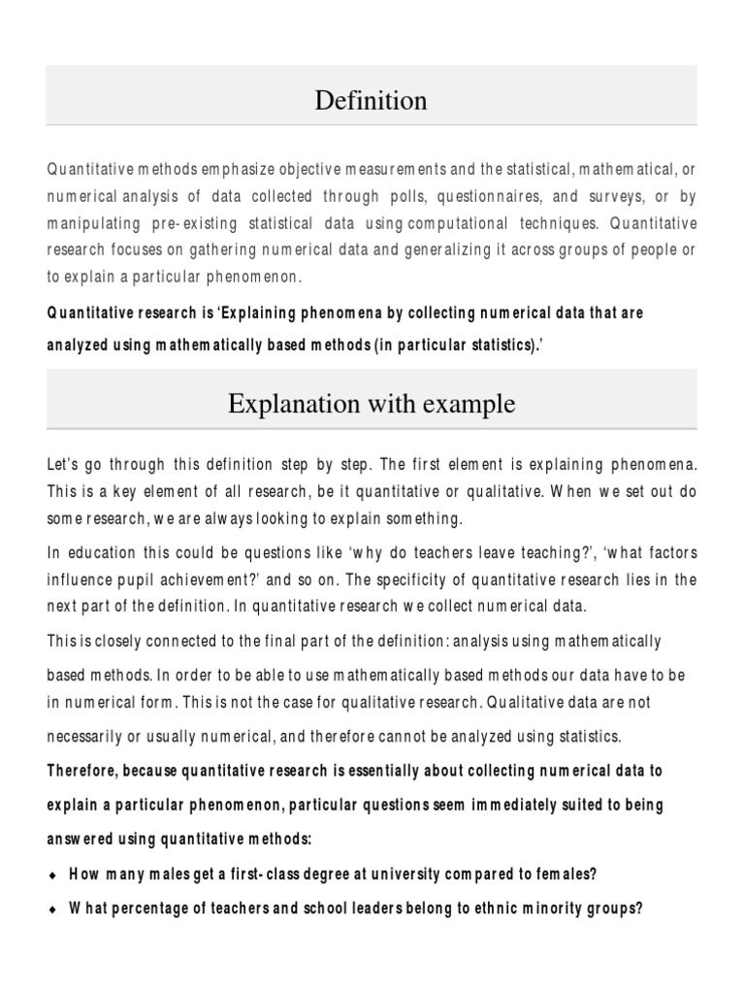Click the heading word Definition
pos(371,100)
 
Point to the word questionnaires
pos(494,197)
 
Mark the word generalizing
pos(431,251)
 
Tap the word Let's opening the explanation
pos(65,465)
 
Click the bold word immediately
pos(542,805)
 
